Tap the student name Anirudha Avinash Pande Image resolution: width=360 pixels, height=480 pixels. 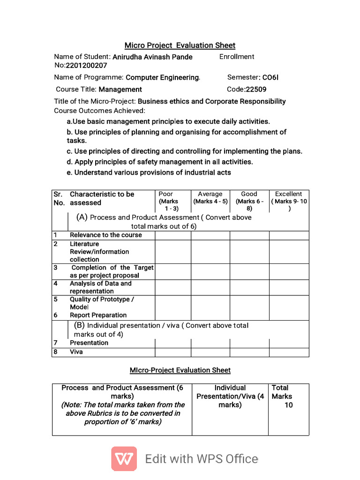(152, 57)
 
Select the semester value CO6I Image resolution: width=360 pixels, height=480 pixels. (270, 77)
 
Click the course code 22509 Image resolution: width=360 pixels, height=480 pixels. (256, 89)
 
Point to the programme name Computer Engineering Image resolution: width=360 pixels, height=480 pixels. (163, 77)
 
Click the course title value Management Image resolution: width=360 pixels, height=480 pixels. (120, 89)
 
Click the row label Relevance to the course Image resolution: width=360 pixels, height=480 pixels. (105, 235)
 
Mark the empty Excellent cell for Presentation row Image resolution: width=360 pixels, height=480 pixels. (289, 343)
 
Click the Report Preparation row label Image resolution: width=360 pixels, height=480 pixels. (98, 315)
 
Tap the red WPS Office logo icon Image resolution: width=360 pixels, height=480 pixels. (124, 458)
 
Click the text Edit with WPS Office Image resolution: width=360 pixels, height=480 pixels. (202, 459)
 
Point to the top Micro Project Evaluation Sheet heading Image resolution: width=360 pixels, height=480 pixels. (180, 45)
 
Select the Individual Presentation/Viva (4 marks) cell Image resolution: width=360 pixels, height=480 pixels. (230, 396)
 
